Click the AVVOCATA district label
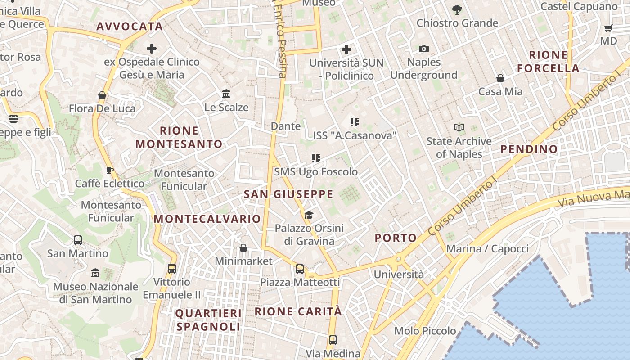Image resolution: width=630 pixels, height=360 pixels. pos(130,27)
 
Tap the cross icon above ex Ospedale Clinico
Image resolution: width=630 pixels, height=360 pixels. pos(152,49)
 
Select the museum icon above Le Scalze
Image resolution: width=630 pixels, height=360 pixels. pos(226,94)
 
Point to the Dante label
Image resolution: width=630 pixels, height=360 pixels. pos(286,126)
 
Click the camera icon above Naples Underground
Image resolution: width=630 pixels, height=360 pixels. pos(423,49)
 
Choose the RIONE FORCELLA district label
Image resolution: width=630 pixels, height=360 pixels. pos(548,62)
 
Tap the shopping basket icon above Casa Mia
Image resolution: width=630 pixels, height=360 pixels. pos(500,79)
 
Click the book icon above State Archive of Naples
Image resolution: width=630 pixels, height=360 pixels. pos(459,128)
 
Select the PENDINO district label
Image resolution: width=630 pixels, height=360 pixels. pos(529,149)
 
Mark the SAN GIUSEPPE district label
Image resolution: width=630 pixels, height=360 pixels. pos(288,194)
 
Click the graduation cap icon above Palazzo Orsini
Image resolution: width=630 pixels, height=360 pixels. pos(309,215)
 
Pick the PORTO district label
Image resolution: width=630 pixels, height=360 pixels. pos(396,238)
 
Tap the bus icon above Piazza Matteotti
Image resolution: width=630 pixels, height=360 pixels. pos(300,269)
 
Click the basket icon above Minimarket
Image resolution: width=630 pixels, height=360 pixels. pos(243,248)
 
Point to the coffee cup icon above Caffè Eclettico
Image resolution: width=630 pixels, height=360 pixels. pos(110,170)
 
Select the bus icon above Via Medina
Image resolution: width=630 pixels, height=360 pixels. pos(333,340)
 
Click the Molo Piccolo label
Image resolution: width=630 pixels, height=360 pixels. pos(425,331)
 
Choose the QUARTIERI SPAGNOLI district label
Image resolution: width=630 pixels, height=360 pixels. pos(209,320)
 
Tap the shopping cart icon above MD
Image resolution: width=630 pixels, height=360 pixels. pos(608,28)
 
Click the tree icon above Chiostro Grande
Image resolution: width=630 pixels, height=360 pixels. pos(457,9)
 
